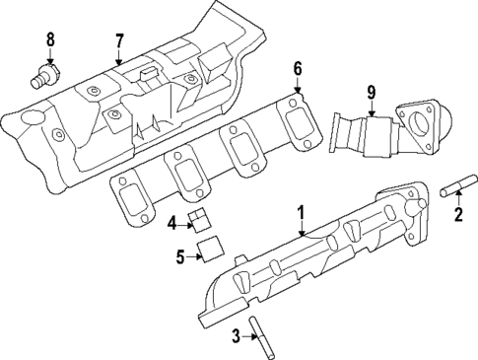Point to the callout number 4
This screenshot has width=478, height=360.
(x=171, y=224)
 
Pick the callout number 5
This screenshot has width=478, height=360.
(x=180, y=258)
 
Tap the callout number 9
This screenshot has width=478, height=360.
(x=372, y=93)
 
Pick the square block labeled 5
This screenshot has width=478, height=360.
(x=207, y=252)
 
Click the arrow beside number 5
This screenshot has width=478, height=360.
(x=194, y=257)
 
